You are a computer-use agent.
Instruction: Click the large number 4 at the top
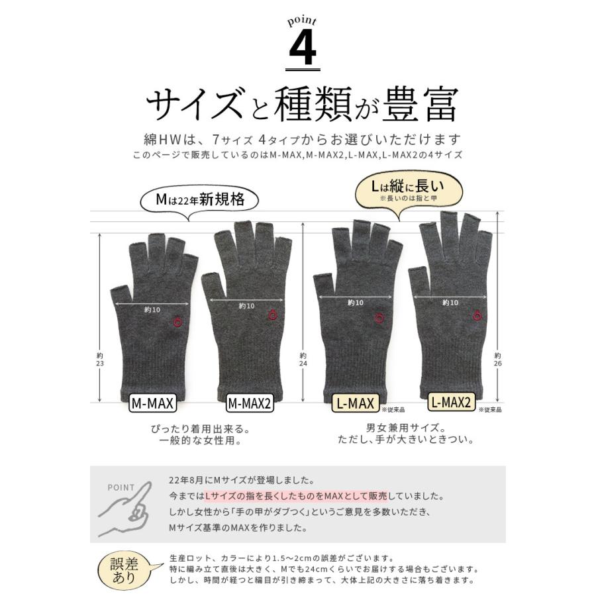click(x=303, y=48)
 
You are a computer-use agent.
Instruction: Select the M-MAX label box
click(x=152, y=403)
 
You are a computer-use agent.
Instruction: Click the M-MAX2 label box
click(x=250, y=403)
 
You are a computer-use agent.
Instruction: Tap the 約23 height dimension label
click(x=100, y=360)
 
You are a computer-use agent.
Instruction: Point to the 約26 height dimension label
click(x=497, y=360)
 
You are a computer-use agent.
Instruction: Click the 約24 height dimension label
click(x=303, y=360)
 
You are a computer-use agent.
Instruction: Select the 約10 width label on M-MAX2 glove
click(x=246, y=306)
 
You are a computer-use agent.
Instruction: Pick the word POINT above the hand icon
click(x=121, y=487)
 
